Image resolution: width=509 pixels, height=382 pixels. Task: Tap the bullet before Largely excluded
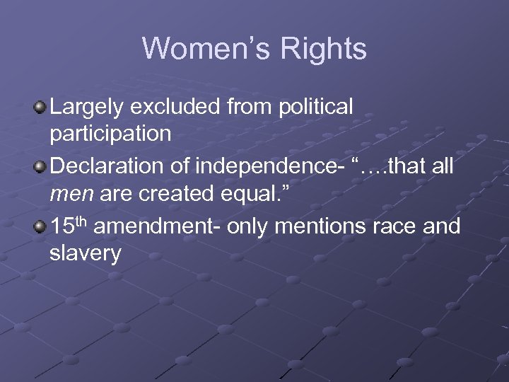click(40, 108)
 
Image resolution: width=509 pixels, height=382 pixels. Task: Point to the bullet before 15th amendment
click(40, 228)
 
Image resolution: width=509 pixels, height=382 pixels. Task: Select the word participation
click(111, 134)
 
